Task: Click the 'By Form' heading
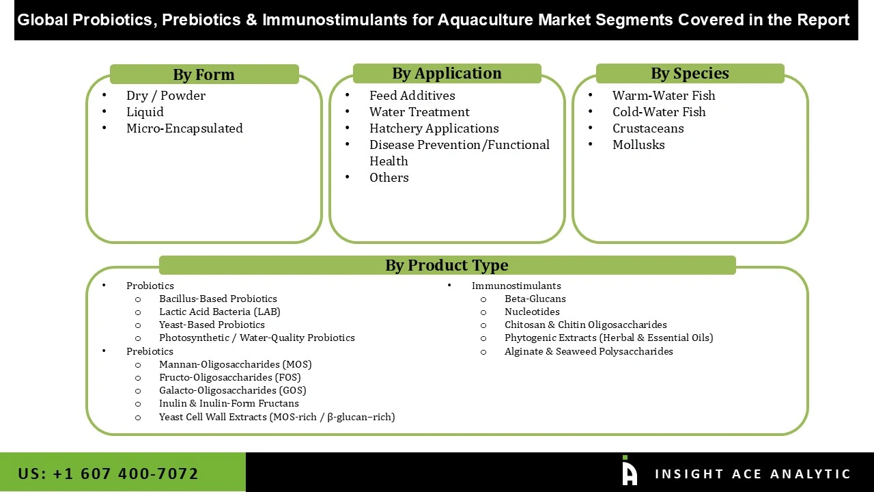click(203, 74)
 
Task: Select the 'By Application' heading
click(447, 73)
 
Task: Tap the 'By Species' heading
click(690, 73)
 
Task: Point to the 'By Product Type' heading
click(447, 265)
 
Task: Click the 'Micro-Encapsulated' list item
click(184, 128)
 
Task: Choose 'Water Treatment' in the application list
click(419, 112)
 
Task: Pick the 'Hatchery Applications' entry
click(434, 128)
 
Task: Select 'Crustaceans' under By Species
click(648, 128)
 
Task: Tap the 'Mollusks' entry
click(638, 145)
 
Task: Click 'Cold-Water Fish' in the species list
click(659, 112)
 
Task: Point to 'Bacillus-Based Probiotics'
click(218, 299)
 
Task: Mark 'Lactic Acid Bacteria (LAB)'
click(219, 312)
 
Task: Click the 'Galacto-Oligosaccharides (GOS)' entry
click(232, 390)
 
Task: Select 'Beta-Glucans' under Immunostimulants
click(535, 299)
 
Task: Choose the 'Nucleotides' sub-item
click(532, 312)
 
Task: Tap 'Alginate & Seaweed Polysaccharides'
click(589, 351)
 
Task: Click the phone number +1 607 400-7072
click(109, 474)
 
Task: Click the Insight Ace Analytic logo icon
click(629, 471)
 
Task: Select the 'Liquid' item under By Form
click(145, 112)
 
